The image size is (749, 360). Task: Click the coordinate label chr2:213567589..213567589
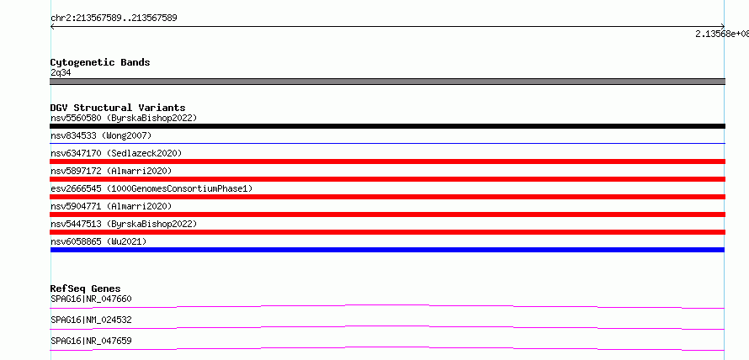pos(114,19)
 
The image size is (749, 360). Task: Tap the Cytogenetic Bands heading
pos(100,62)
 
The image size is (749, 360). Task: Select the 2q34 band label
pos(61,73)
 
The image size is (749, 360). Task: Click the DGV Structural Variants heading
pos(118,108)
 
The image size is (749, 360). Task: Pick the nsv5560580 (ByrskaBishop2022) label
pos(124,118)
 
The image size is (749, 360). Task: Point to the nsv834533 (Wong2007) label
pos(101,135)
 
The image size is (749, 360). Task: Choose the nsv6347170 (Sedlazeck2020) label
pos(116,153)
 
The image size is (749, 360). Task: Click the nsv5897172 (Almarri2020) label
pos(111,171)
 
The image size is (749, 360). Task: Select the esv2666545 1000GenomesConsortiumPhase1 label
pos(151,188)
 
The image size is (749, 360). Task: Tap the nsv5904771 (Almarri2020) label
pos(111,206)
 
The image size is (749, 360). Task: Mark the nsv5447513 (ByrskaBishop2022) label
pos(124,224)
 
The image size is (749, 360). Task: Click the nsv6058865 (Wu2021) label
pos(98,241)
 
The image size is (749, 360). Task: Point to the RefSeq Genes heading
pos(86,289)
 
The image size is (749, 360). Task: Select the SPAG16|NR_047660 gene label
pos(91,299)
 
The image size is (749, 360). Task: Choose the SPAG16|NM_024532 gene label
pos(91,320)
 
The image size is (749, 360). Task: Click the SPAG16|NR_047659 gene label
pos(91,341)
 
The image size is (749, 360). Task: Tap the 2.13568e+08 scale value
pos(722,34)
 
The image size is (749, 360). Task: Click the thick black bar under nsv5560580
pos(387,126)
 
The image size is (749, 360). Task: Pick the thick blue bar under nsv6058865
pos(387,250)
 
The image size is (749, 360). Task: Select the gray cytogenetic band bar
pos(387,82)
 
